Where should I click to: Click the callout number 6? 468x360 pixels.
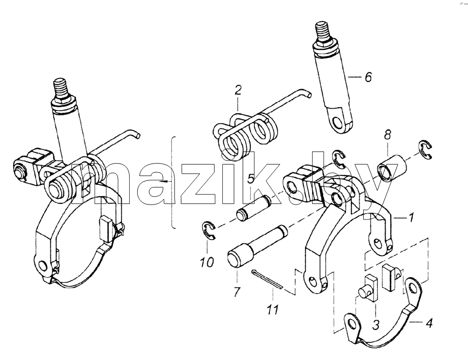[x=369, y=77]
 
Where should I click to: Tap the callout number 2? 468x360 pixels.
[x=238, y=90]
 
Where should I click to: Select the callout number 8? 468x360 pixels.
[x=387, y=135]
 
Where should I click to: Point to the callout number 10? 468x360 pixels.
[x=207, y=262]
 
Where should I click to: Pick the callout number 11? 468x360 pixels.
[x=272, y=309]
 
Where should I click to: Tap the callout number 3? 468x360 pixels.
[x=376, y=324]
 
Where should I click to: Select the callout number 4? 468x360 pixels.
[x=429, y=323]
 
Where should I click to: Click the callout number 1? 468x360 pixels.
[x=411, y=217]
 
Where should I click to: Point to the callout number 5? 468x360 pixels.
[x=251, y=179]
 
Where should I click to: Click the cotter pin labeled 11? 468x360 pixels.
[x=267, y=279]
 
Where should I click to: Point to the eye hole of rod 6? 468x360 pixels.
[x=337, y=122]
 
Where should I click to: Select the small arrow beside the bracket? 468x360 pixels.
[x=164, y=182]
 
